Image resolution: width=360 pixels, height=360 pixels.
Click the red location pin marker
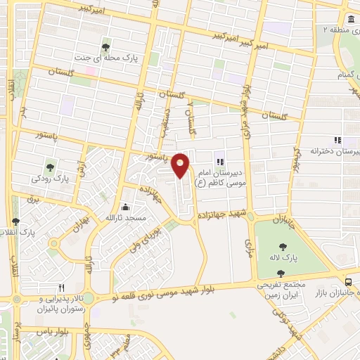pyautogui.click(x=181, y=165)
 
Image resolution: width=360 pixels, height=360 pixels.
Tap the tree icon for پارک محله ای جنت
pyautogui.click(x=106, y=47)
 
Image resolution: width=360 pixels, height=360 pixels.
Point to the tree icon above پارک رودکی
pyautogui.click(x=51, y=167)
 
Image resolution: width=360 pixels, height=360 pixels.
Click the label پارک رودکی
pyautogui.click(x=51, y=179)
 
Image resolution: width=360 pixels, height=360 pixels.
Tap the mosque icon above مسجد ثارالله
pyautogui.click(x=125, y=207)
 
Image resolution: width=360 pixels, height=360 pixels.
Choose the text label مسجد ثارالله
pyautogui.click(x=125, y=219)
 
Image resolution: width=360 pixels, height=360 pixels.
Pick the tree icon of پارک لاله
pyautogui.click(x=282, y=247)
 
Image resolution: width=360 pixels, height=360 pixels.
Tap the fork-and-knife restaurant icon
pyautogui.click(x=61, y=287)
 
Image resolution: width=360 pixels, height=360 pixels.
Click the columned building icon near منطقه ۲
pyautogui.click(x=350, y=19)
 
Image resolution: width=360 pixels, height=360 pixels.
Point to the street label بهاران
pyautogui.click(x=82, y=226)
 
